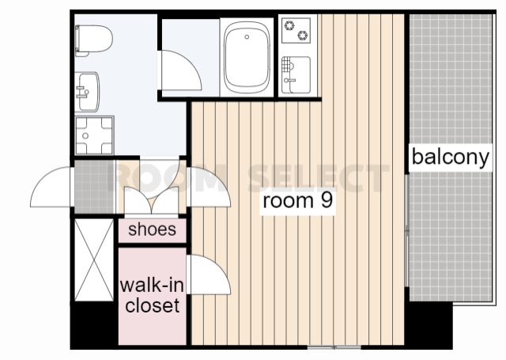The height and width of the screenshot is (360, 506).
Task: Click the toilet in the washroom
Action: pos(93,40)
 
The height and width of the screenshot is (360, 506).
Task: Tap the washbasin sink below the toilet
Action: pos(87,92)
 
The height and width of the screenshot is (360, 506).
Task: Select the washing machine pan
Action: pos(94,135)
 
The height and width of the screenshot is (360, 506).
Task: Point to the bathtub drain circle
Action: pos(247,37)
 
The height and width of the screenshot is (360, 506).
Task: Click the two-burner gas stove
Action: pos(296,30)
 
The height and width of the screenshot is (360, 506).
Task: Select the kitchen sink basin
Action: pos(296,75)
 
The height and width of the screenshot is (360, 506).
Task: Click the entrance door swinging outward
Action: pos(51,187)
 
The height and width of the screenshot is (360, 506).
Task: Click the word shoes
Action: pos(153,229)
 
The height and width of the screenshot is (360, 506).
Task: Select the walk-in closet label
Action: pos(152,295)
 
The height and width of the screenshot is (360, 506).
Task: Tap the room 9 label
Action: pos(297,200)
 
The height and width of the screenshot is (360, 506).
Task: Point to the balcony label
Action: pos(451,157)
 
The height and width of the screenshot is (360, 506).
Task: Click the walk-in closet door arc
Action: pos(209,275)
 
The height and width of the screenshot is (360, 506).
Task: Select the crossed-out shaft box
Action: pos(94,260)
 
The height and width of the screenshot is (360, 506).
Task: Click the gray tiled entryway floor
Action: pos(94,187)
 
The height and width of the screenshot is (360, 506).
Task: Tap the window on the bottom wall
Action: pos(334,347)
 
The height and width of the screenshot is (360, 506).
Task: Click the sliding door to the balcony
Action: pos(407,230)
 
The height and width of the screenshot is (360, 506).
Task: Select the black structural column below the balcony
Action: pos(429,325)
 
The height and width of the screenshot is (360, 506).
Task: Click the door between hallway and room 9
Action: pos(209,187)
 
